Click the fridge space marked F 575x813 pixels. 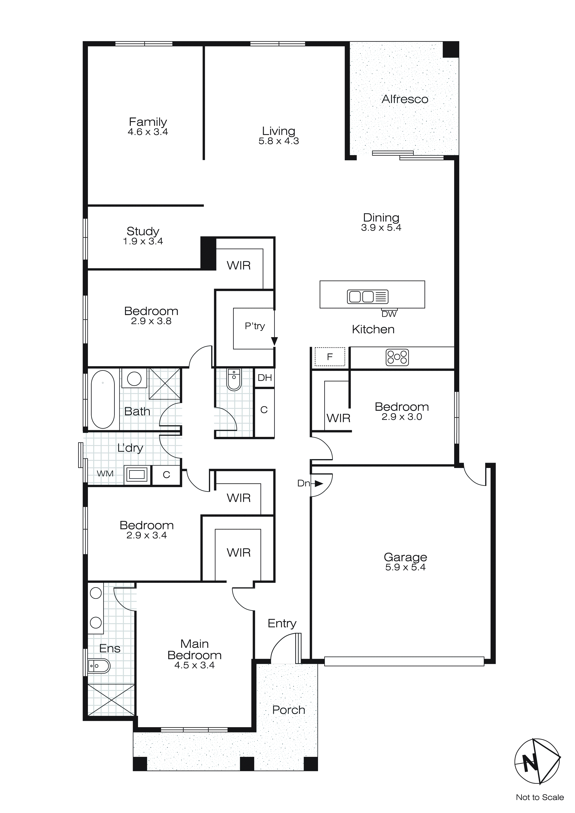[x=330, y=357]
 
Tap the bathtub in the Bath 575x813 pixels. [x=103, y=399]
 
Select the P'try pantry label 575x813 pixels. [x=255, y=326]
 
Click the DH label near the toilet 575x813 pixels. [x=264, y=378]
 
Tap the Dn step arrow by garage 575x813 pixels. [x=318, y=483]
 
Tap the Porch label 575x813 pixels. [x=289, y=710]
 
